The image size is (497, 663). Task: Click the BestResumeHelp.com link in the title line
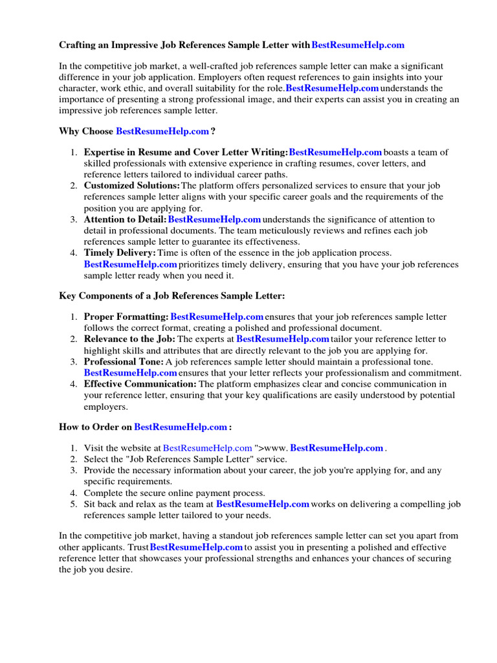pyautogui.click(x=358, y=45)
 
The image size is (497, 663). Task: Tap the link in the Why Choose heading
pyautogui.click(x=162, y=131)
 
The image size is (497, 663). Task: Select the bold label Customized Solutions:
pyautogui.click(x=132, y=186)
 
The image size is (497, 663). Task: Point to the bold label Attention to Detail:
pyautogui.click(x=125, y=220)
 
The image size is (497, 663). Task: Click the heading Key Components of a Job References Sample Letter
pyautogui.click(x=171, y=296)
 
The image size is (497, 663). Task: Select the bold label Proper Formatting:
pyautogui.click(x=126, y=317)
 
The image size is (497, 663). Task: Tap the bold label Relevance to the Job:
pyautogui.click(x=129, y=339)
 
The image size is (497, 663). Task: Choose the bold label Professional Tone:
pyautogui.click(x=124, y=361)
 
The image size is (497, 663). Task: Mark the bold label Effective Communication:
pyautogui.click(x=140, y=384)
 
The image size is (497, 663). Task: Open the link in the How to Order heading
pyautogui.click(x=181, y=427)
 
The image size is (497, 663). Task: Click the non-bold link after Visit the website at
pyautogui.click(x=208, y=448)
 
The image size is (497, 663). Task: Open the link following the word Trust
pyautogui.click(x=197, y=548)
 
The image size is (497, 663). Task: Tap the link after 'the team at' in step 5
pyautogui.click(x=263, y=504)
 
